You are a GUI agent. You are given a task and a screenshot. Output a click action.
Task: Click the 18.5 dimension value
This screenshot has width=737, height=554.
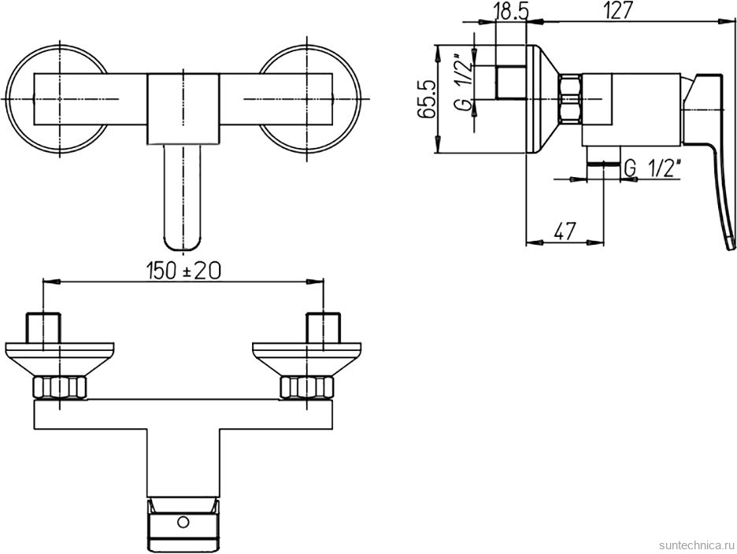pyautogui.click(x=511, y=10)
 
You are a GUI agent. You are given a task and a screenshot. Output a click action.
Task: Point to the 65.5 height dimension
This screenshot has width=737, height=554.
pyautogui.click(x=425, y=98)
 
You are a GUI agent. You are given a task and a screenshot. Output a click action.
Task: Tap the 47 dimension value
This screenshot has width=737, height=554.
pyautogui.click(x=564, y=231)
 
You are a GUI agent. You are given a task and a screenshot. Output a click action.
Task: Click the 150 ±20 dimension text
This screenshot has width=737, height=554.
pyautogui.click(x=183, y=271)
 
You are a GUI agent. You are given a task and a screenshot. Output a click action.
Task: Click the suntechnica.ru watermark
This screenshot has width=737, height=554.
pyautogui.click(x=696, y=545)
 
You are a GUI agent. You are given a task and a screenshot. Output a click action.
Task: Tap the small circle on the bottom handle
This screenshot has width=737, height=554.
pyautogui.click(x=183, y=522)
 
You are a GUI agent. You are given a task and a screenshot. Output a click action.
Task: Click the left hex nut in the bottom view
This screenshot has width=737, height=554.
pyautogui.click(x=60, y=386)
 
